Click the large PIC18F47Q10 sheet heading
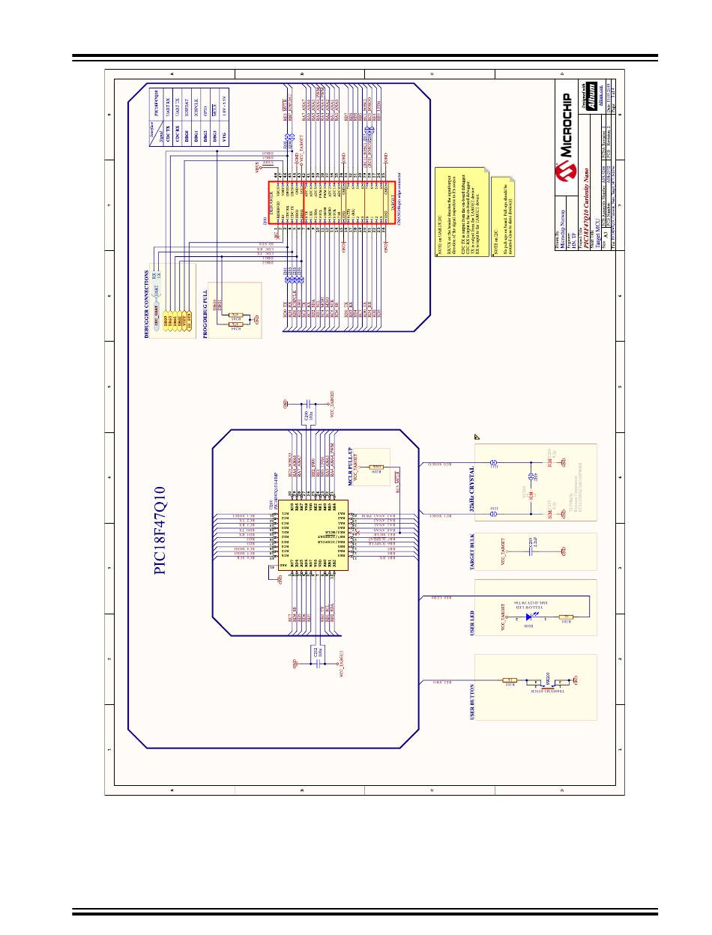(x=160, y=530)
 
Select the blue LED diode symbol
(x=530, y=618)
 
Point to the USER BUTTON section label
(x=471, y=702)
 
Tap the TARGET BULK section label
(x=471, y=554)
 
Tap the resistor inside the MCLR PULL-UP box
(x=378, y=466)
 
